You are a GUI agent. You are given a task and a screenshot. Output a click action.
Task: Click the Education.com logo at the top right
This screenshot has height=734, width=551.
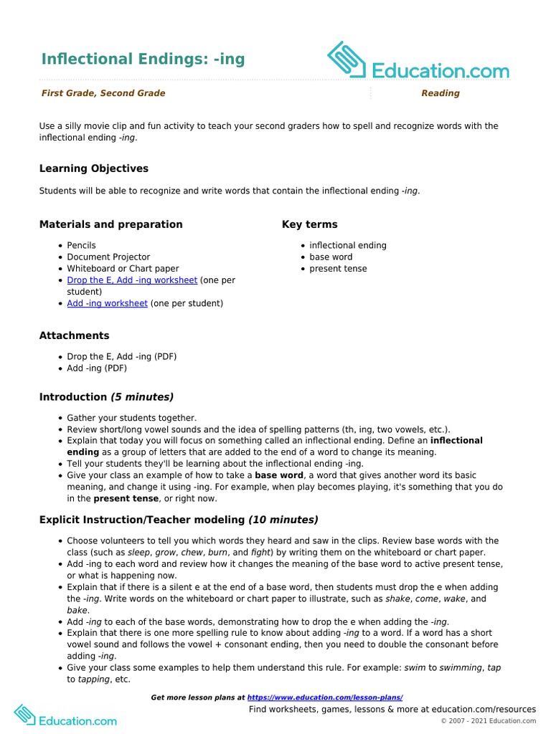coord(418,60)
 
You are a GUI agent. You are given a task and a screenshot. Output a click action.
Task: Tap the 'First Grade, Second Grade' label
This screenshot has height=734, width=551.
coord(103,93)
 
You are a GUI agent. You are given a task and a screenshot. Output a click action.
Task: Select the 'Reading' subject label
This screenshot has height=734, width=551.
coord(440,93)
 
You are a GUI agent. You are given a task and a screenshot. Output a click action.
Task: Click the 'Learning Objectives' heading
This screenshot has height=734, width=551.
coord(94,168)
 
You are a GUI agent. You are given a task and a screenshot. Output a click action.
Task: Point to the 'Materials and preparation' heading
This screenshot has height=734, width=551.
coord(110,224)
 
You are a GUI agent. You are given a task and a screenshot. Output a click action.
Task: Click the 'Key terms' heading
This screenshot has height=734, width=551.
coord(309,224)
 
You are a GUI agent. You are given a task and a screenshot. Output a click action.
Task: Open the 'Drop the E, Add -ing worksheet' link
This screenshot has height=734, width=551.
coord(132,280)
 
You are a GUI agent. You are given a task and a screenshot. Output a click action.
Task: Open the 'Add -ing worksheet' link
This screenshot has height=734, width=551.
coord(108,303)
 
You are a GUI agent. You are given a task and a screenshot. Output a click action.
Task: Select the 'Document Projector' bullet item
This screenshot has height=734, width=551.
coord(108,257)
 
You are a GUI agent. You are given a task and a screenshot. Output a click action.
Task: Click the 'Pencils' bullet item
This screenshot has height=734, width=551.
coord(81,245)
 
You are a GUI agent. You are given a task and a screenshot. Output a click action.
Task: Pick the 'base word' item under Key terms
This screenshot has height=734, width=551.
coord(331,257)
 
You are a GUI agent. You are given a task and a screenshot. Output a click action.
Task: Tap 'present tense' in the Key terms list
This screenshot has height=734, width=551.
coord(338,269)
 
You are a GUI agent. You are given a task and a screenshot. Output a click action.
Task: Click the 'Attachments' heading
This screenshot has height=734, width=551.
coord(75,335)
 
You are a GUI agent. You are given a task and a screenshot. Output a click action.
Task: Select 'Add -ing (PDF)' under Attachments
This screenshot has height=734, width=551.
coord(97,368)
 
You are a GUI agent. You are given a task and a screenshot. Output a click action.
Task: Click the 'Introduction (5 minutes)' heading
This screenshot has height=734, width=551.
coord(106,397)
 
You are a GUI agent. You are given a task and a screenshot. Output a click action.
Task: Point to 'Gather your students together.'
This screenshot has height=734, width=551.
coord(131,418)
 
